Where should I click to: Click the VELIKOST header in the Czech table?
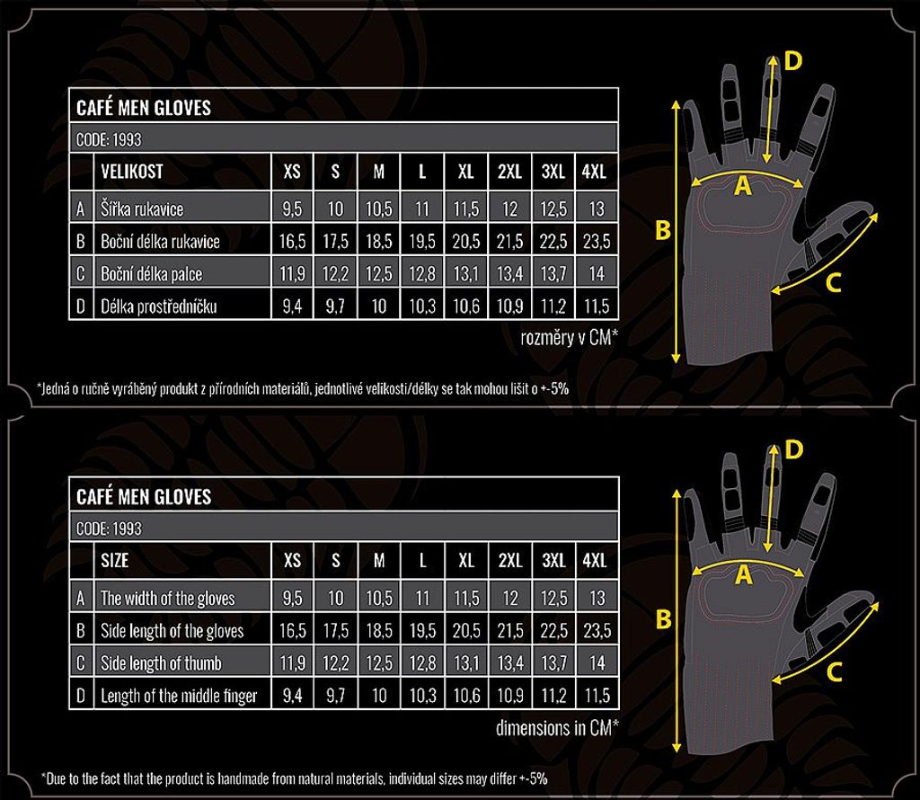131,172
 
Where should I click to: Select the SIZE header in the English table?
114,561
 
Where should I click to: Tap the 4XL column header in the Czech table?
594,172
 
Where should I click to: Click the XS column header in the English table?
292,561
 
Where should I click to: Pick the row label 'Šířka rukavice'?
141,209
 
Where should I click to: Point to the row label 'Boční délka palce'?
151,274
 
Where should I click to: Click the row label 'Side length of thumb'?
162,663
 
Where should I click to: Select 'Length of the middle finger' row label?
179,696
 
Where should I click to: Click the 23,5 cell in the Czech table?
597,241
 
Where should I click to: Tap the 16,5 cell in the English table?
292,630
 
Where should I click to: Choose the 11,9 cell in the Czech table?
292,274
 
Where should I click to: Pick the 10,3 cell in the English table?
422,696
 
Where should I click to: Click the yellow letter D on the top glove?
792,61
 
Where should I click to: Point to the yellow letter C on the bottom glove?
834,671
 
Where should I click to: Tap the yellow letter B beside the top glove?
662,230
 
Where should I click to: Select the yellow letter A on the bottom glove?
743,575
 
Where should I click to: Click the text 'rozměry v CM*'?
569,337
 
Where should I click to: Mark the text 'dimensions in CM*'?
557,728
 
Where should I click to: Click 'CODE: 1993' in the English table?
109,529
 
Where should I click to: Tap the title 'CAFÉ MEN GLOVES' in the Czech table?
144,108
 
